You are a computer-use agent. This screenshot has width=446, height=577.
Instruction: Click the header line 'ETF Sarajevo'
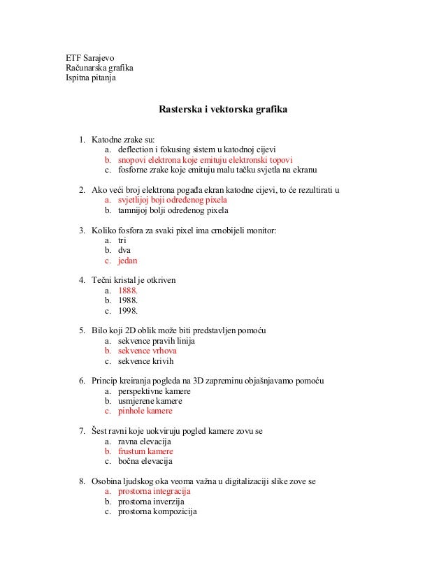[90, 57]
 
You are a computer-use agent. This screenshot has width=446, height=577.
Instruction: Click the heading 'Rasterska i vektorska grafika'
[223, 110]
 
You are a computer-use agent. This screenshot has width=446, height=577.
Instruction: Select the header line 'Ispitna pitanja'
[91, 78]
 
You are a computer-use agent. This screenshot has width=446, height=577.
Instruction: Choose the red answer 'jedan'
[128, 261]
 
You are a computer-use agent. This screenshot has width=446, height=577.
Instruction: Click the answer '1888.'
[128, 291]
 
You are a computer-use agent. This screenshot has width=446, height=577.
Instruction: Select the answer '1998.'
[128, 311]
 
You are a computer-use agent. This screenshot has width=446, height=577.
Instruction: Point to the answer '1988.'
[128, 301]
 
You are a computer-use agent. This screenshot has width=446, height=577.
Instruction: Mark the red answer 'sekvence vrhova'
[147, 351]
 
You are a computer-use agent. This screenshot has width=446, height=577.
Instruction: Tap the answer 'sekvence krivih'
[145, 361]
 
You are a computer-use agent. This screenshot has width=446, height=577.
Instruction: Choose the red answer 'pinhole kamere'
[145, 411]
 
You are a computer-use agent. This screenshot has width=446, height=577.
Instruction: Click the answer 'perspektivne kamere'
[154, 391]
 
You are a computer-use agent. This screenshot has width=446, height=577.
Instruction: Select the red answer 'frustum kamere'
[145, 451]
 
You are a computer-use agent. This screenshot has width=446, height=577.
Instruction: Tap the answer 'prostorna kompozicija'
[157, 511]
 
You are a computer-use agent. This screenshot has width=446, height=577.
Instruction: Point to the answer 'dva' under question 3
[124, 250]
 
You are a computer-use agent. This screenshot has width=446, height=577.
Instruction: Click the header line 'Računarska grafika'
[99, 68]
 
